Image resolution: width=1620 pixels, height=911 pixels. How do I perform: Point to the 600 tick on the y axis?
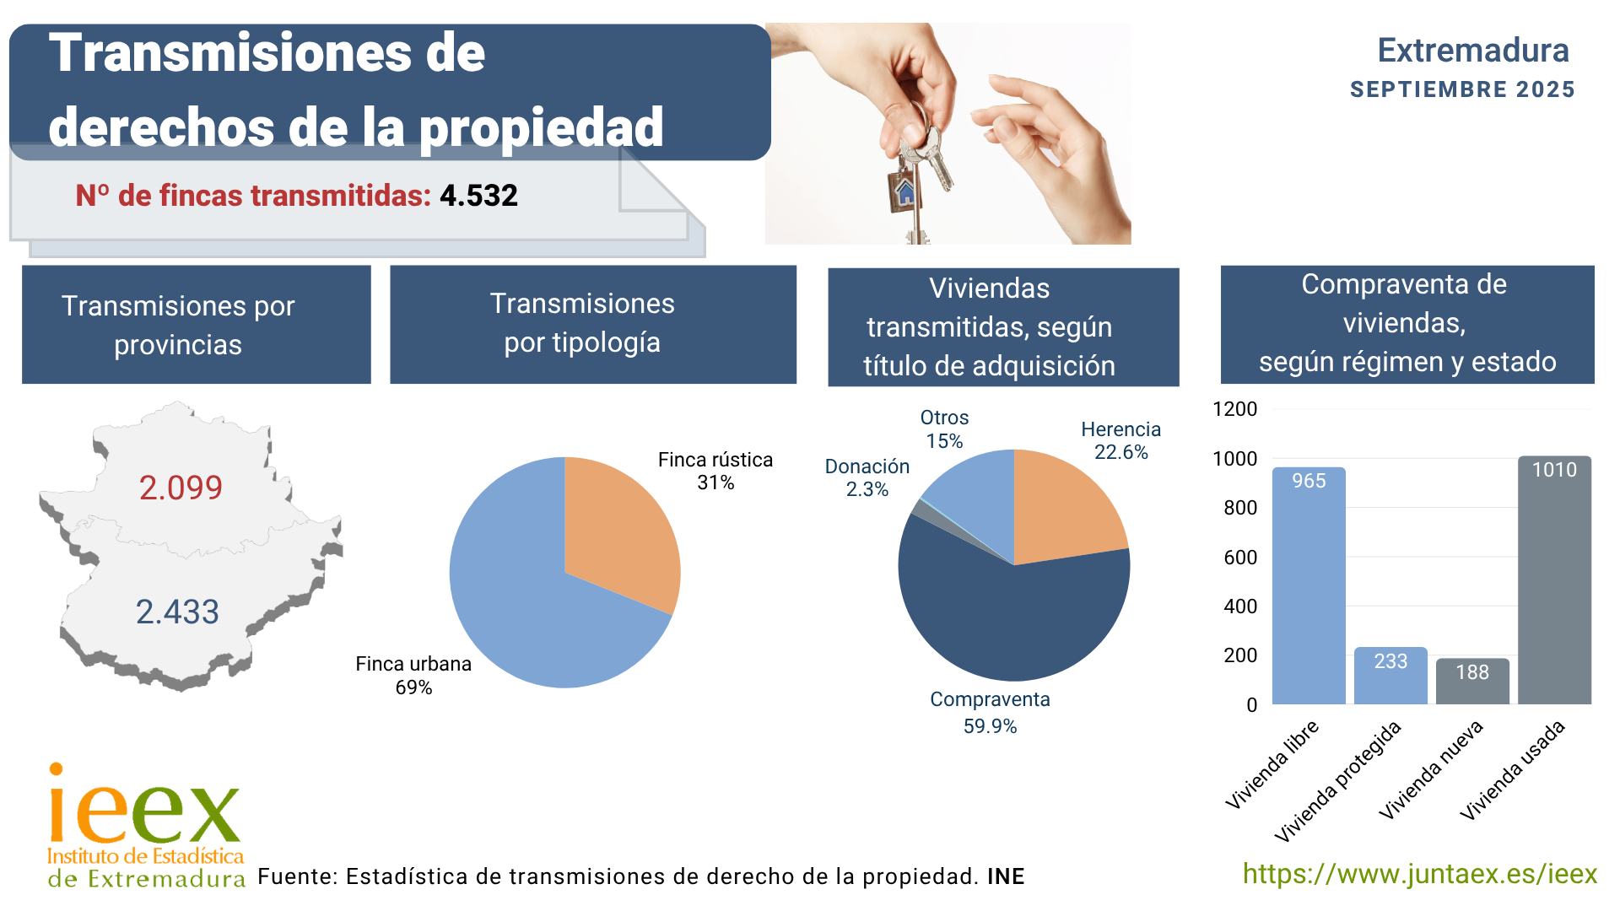tap(1240, 558)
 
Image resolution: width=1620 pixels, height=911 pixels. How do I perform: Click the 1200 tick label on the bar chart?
tap(1234, 409)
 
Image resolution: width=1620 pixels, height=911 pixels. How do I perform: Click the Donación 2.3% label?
tap(867, 477)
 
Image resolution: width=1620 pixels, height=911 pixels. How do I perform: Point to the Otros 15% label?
tap(944, 429)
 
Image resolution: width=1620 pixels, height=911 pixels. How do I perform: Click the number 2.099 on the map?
tap(181, 488)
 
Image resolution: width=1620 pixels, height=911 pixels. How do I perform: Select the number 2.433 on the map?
tap(177, 612)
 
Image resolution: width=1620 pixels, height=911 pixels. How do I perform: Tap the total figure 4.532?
tap(478, 196)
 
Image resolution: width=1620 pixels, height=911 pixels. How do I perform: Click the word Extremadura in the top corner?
tap(1472, 51)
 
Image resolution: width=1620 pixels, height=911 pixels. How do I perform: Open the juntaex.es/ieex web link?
tap(1419, 874)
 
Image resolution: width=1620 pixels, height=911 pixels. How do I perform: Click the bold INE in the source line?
tap(1006, 876)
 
